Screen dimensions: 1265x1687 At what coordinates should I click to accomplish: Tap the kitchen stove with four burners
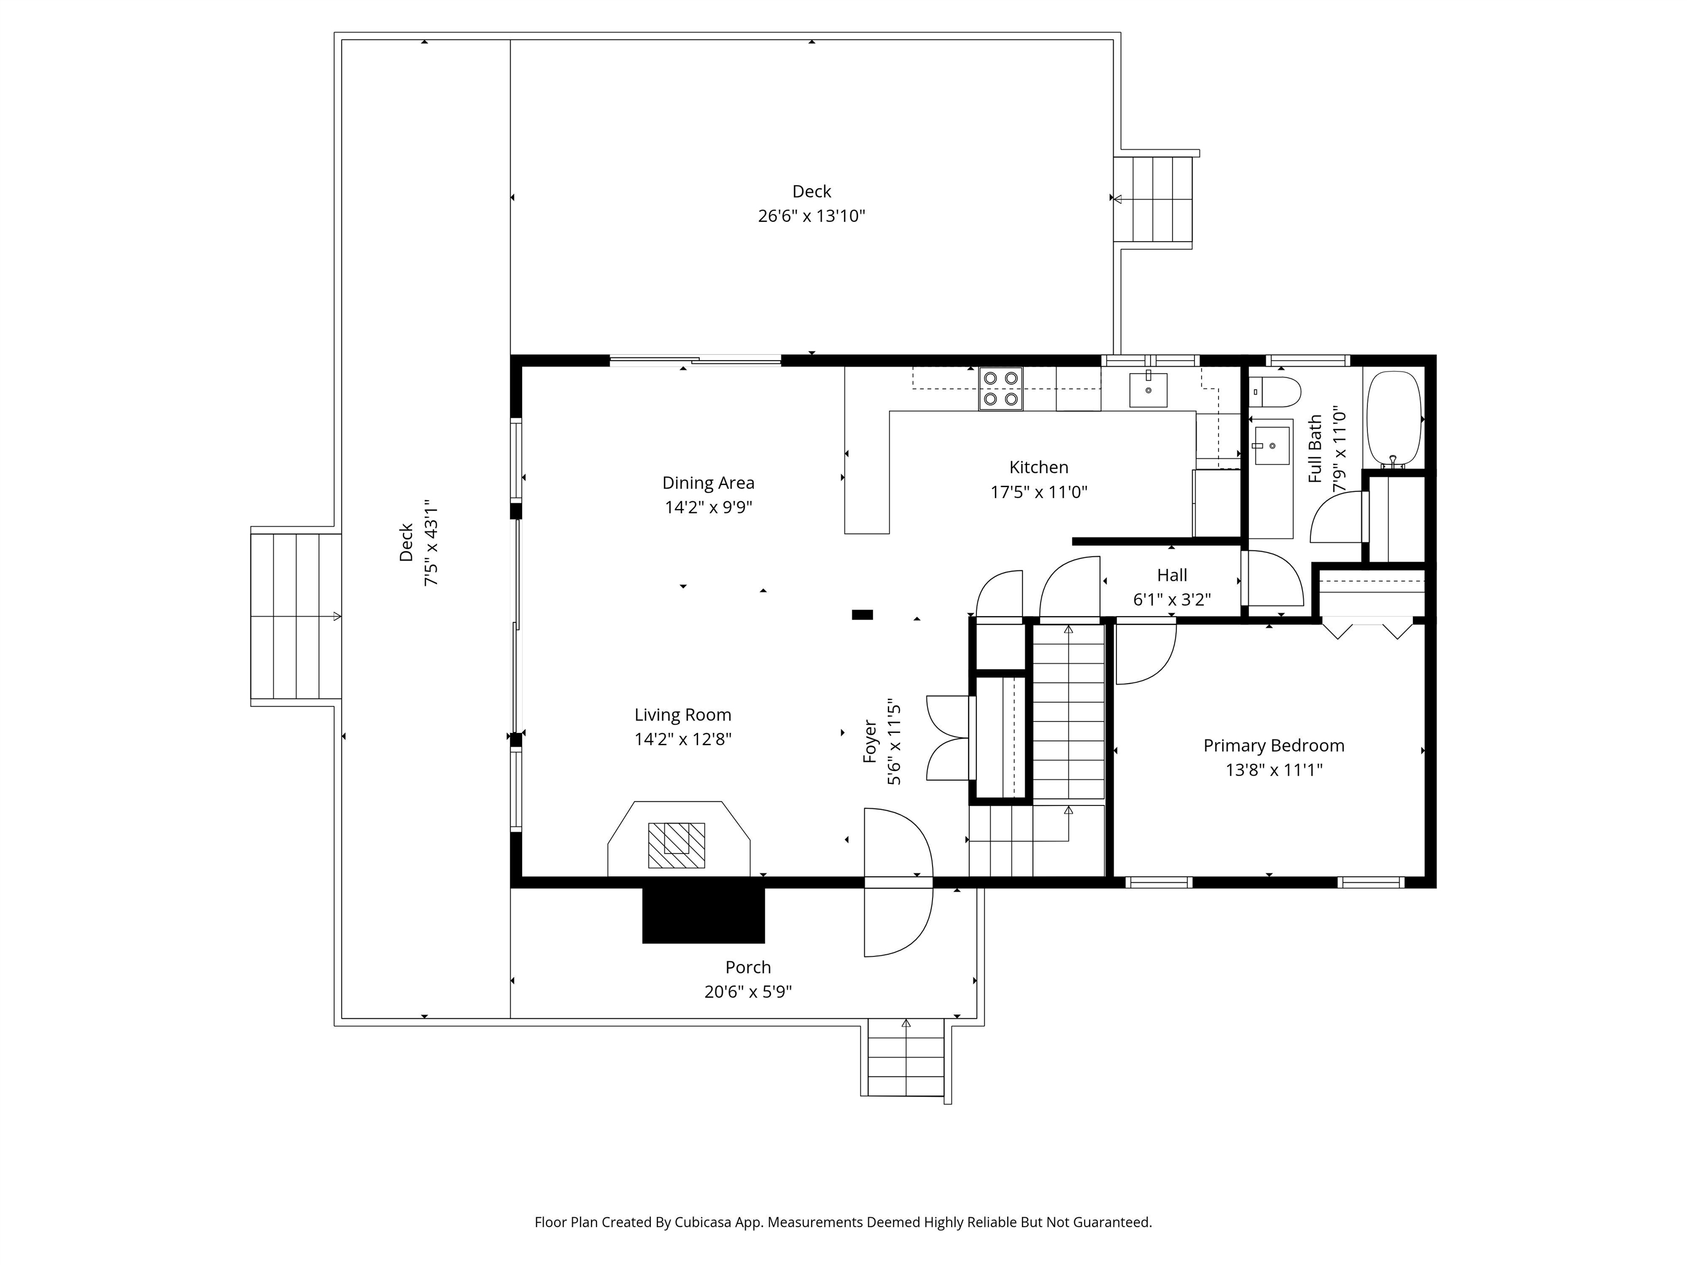coord(1001,389)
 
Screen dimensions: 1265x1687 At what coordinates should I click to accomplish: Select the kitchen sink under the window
coord(1147,390)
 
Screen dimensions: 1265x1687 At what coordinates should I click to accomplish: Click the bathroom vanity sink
coord(1271,445)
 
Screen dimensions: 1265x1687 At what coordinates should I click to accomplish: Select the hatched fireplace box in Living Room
coord(675,845)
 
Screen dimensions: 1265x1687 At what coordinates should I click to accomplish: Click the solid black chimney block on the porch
coord(702,916)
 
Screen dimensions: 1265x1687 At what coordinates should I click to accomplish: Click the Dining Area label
coord(708,483)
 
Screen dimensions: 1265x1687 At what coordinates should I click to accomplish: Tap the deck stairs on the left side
coord(296,616)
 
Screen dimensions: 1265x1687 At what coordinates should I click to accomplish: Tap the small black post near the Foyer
coord(862,614)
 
